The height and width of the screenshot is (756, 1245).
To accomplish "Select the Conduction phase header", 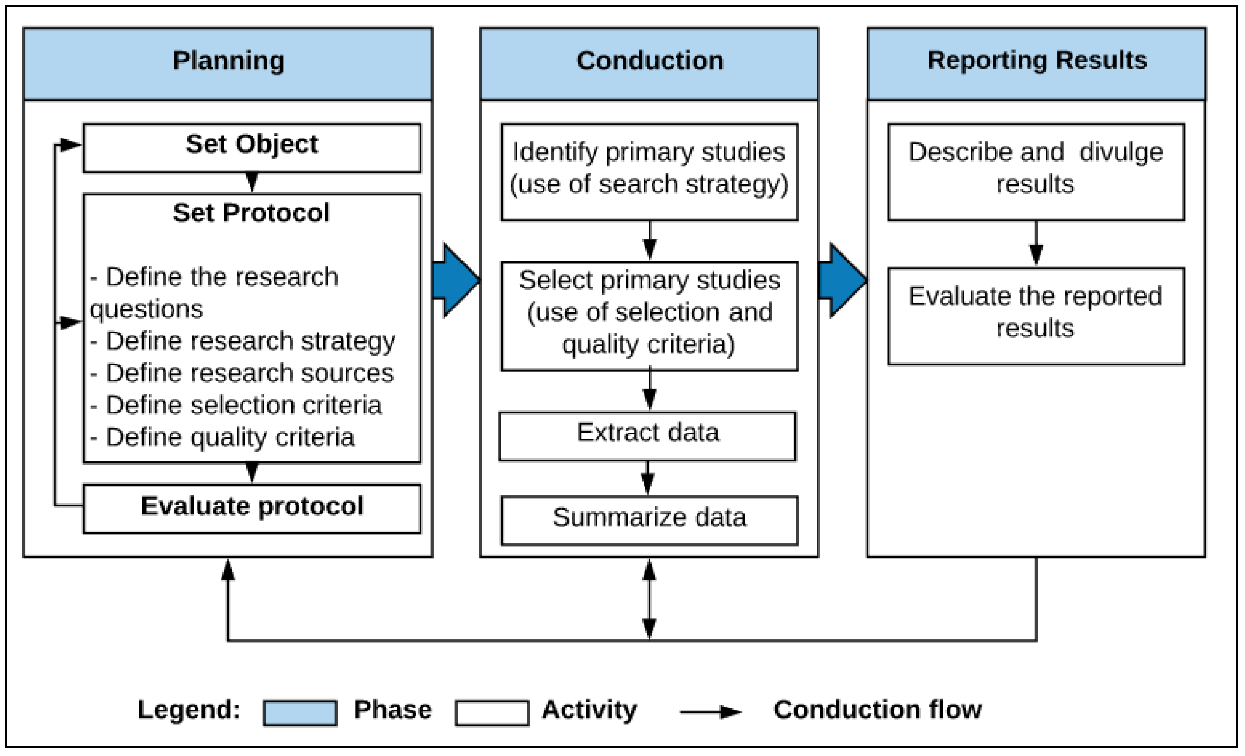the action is pyautogui.click(x=649, y=64).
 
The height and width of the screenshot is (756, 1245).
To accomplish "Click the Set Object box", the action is pyautogui.click(x=252, y=148).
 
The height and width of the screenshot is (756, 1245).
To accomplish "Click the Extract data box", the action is pyautogui.click(x=648, y=437).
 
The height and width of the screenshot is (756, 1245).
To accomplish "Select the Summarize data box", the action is pyautogui.click(x=650, y=520).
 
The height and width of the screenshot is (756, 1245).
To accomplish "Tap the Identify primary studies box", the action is pyautogui.click(x=650, y=172).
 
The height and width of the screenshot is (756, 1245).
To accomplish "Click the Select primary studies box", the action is pyautogui.click(x=650, y=316).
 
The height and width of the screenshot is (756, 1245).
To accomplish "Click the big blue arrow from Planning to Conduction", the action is pyautogui.click(x=456, y=281).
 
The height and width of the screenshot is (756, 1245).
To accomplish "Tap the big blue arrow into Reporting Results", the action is pyautogui.click(x=843, y=281).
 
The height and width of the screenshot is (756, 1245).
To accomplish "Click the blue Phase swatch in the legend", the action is pyautogui.click(x=300, y=713).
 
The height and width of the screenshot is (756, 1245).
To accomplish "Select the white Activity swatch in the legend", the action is pyautogui.click(x=492, y=713).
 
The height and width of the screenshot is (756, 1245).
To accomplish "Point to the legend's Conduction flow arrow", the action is pyautogui.click(x=711, y=713).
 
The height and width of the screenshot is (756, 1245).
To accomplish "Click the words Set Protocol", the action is pyautogui.click(x=251, y=213).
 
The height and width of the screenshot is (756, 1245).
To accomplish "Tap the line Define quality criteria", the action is pyautogui.click(x=222, y=437).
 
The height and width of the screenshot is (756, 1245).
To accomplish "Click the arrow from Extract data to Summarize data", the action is pyautogui.click(x=648, y=479).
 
